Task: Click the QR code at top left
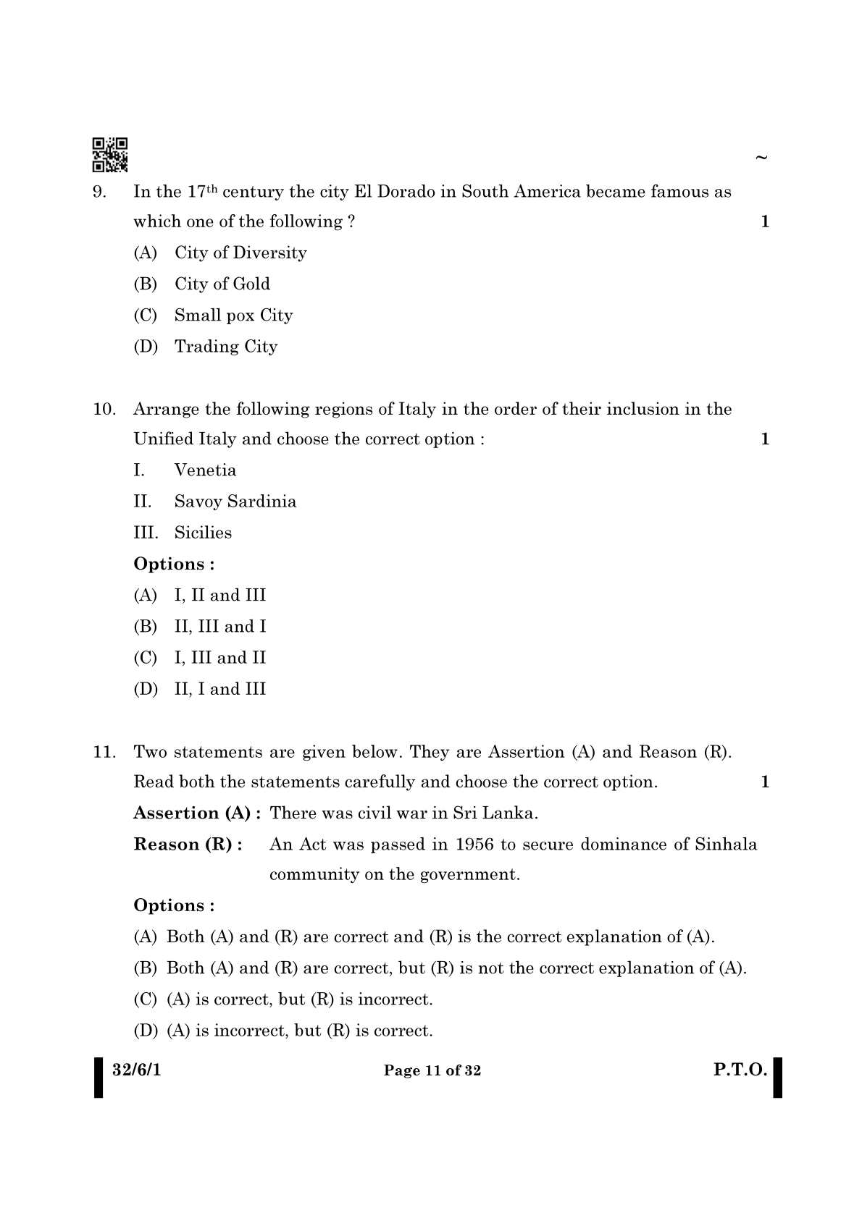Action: click(110, 154)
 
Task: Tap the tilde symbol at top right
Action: click(761, 157)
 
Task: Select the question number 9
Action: click(101, 192)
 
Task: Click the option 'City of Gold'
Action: click(222, 284)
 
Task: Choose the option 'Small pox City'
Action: click(233, 316)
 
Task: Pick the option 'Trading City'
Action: click(225, 347)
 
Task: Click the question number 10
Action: click(104, 410)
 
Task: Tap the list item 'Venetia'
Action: click(205, 470)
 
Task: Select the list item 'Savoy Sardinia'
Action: click(235, 502)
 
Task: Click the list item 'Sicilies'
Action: click(203, 533)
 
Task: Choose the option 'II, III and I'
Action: click(219, 627)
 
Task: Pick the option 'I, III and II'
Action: click(219, 658)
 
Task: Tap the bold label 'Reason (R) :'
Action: click(188, 845)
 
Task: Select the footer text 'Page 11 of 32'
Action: click(432, 1071)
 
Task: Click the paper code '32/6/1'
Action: click(137, 1070)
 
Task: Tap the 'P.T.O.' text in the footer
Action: click(740, 1070)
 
